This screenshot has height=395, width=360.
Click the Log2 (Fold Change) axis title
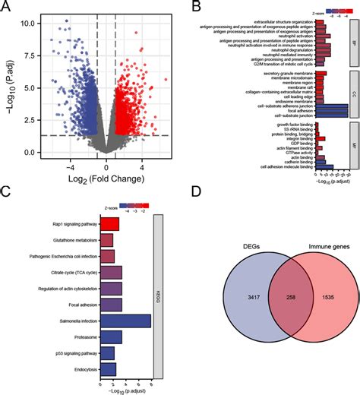click(96, 179)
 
